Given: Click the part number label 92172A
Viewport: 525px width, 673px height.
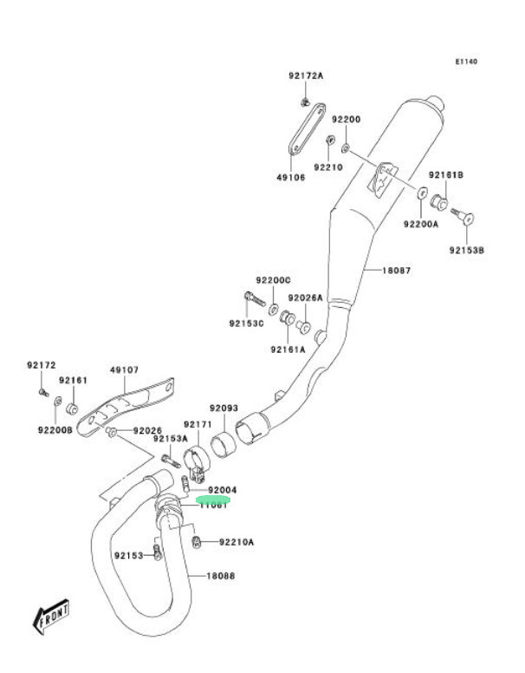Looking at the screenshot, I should (x=306, y=76).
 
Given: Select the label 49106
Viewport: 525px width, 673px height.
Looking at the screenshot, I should (x=291, y=177).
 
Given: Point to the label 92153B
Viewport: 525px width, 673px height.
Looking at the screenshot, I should (x=466, y=250).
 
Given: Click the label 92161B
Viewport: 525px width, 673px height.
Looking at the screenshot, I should (x=448, y=175).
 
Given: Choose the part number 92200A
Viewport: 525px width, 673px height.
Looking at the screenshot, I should (x=421, y=224).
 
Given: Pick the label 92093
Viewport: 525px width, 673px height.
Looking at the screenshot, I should (x=224, y=408).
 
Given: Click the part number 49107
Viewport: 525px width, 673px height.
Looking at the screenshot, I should (x=124, y=369).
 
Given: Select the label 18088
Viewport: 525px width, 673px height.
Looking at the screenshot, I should (x=220, y=575).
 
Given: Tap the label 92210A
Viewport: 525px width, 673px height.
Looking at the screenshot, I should (x=237, y=542).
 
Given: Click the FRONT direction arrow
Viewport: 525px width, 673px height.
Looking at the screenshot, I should (x=51, y=617).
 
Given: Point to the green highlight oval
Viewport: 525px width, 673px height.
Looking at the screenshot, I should (x=213, y=500).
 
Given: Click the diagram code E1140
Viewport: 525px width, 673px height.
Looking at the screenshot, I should (x=466, y=62).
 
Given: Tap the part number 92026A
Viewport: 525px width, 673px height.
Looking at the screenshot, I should (x=306, y=297).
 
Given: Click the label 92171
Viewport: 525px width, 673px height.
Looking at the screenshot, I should (x=197, y=425).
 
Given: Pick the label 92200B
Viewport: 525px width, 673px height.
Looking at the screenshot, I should (x=55, y=428).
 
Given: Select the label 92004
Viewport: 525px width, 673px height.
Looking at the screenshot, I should (x=222, y=490).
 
